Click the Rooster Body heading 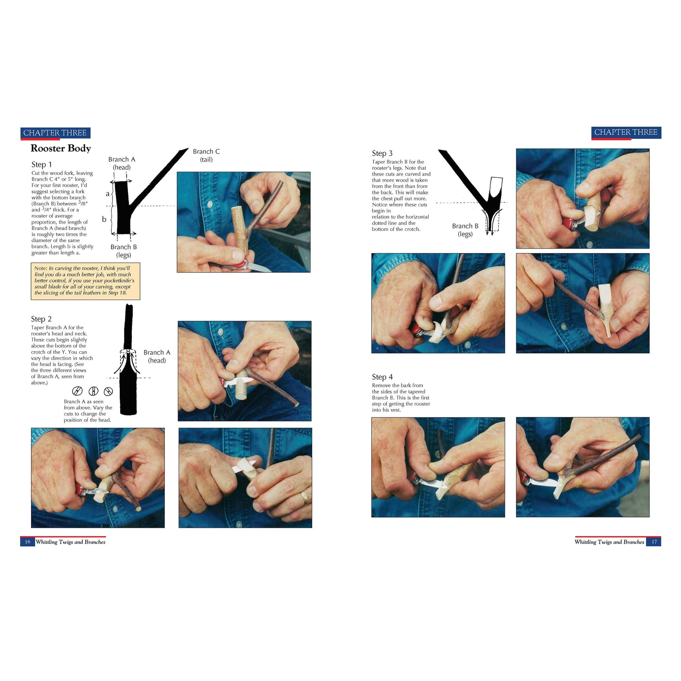[x=61, y=148]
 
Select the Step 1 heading [x=42, y=164]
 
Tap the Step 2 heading [x=41, y=319]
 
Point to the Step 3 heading [x=382, y=153]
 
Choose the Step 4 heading [x=382, y=377]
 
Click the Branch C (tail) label [x=206, y=156]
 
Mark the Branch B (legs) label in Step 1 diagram [x=123, y=251]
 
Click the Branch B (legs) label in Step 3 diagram [x=465, y=230]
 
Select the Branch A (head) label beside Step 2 [x=157, y=357]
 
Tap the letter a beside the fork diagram [x=108, y=193]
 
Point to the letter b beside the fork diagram [x=104, y=219]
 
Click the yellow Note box [x=85, y=281]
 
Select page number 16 [x=28, y=542]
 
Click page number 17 [x=654, y=542]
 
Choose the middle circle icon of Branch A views [x=93, y=391]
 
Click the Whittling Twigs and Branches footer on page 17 [x=609, y=542]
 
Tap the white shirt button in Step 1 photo [x=210, y=205]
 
